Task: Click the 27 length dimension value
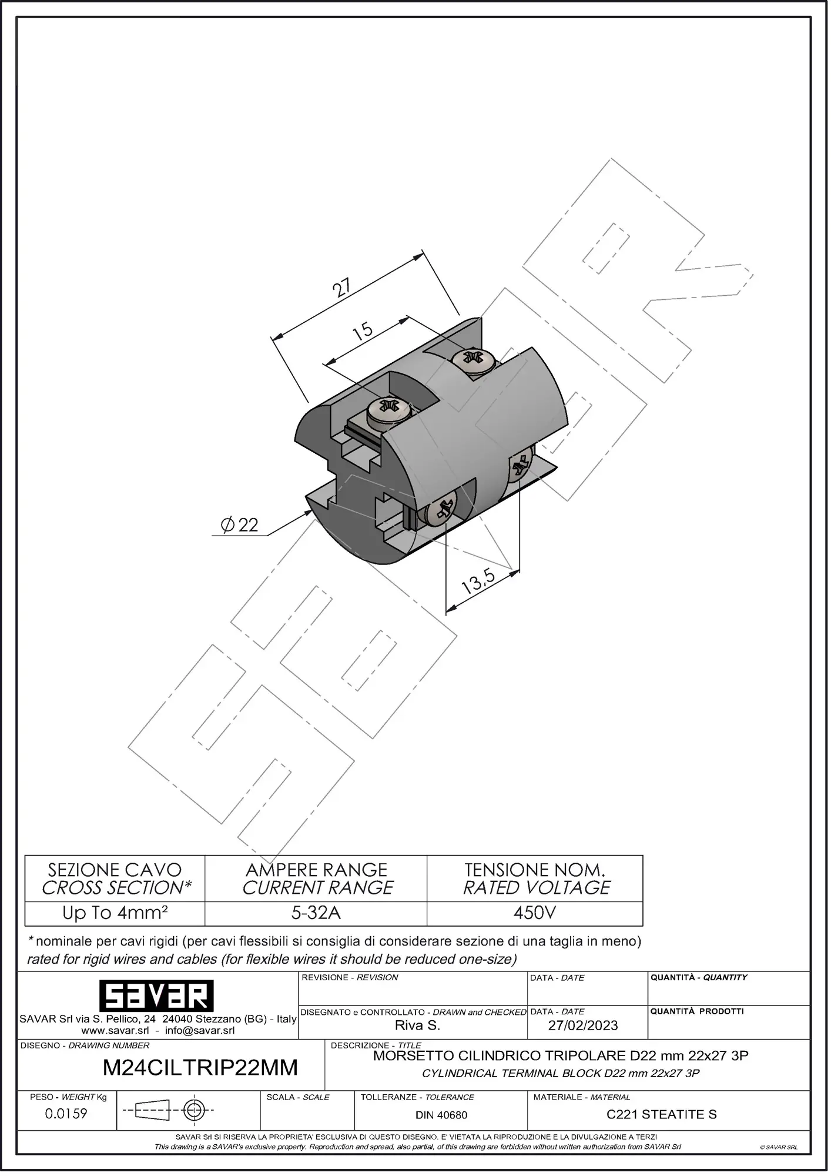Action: tap(341, 287)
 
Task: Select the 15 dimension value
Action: tap(363, 330)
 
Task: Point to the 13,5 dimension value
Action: tap(478, 580)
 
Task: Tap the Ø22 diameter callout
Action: tap(240, 524)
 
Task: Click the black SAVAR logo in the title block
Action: tap(156, 996)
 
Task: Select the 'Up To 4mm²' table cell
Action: tap(115, 913)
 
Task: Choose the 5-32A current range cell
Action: tap(316, 913)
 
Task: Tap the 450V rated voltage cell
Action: tap(535, 913)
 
